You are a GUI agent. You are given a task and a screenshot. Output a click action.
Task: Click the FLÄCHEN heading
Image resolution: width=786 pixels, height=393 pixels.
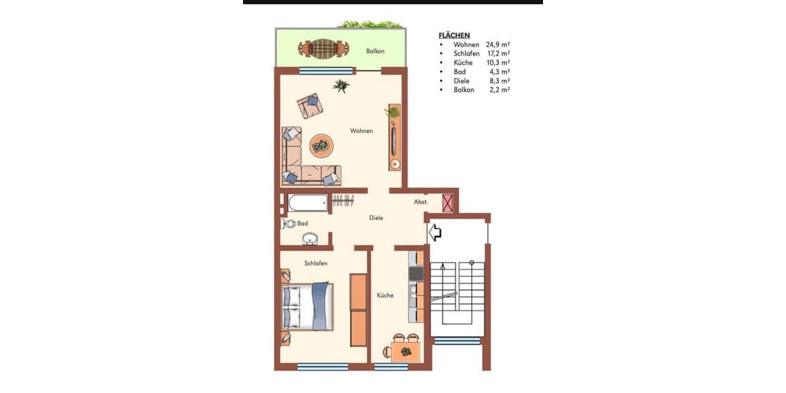(x=454, y=35)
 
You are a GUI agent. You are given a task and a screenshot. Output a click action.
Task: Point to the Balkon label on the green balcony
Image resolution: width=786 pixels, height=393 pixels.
(x=375, y=51)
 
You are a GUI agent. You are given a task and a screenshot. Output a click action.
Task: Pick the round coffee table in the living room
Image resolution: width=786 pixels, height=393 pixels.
(x=320, y=145)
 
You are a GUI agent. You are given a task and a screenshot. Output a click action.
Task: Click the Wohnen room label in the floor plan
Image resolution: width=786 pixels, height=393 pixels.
(x=361, y=131)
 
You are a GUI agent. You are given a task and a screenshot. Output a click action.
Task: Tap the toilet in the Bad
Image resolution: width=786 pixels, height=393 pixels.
(x=289, y=224)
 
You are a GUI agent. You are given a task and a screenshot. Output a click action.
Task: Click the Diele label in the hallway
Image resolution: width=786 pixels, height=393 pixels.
(x=375, y=218)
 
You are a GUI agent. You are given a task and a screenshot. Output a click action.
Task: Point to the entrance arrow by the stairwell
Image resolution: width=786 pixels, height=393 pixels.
(x=435, y=232)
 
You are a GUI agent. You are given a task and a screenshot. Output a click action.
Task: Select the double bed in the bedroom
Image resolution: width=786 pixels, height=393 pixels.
(x=307, y=306)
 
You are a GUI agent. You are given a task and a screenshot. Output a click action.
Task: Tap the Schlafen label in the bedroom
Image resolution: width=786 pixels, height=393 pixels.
(x=316, y=263)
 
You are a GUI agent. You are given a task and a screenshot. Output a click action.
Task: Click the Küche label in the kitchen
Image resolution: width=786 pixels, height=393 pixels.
(x=385, y=295)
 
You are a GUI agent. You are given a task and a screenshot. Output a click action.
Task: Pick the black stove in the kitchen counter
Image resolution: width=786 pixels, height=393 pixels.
(x=416, y=272)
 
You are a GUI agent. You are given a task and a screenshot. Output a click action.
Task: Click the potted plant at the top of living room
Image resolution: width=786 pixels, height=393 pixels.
(x=341, y=86)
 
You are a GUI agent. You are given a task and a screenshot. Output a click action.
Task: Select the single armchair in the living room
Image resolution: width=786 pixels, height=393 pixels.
(x=310, y=105)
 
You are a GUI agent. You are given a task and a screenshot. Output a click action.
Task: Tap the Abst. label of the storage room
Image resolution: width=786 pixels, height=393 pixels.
(x=421, y=202)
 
